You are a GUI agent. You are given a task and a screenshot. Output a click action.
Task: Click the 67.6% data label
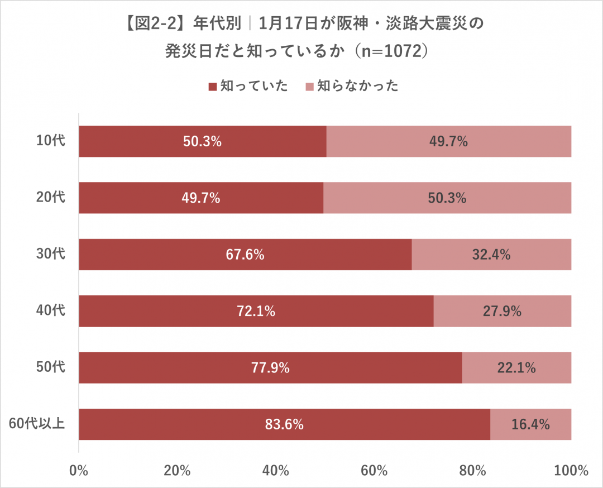point(245,255)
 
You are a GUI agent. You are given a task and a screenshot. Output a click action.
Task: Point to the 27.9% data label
point(502,311)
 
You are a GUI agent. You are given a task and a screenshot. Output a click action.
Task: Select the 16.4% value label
point(530,424)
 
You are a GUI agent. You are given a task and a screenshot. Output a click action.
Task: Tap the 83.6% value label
point(284,424)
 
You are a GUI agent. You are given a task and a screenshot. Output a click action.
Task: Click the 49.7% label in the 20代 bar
point(202,198)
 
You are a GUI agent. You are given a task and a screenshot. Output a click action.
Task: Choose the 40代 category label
point(51,310)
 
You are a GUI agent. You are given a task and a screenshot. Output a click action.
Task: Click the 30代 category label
point(51,254)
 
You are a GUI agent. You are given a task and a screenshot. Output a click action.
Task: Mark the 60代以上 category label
point(37,424)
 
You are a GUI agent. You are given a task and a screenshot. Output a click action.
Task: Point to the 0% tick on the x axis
point(79,470)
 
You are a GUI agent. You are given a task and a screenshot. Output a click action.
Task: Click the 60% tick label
point(374,470)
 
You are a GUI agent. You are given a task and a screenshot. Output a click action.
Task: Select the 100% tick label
point(571,470)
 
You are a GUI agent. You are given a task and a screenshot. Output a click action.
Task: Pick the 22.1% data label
point(516,367)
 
